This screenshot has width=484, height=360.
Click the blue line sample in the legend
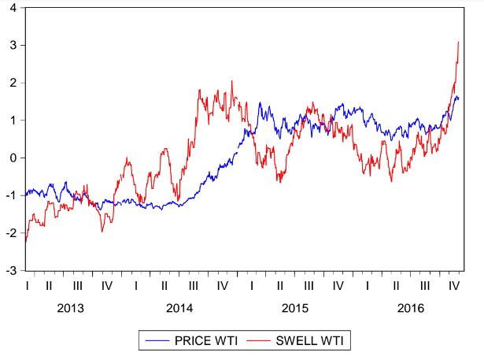coord(156,340)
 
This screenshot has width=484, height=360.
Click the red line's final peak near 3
coord(459,43)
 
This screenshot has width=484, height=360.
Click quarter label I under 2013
coord(28,284)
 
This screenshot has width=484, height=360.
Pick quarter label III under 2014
coord(194,284)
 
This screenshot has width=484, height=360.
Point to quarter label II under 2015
coord(280,284)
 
